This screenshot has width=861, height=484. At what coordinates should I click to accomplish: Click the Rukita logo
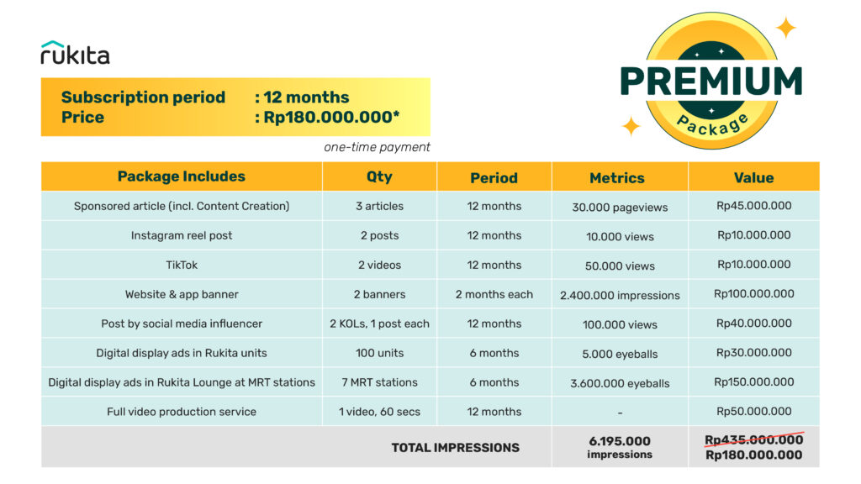click(75, 53)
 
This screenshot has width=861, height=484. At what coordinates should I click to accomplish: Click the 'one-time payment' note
click(377, 147)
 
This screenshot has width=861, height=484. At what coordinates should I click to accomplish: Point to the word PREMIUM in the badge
click(710, 82)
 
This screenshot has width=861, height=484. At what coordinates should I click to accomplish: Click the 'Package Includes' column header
click(182, 176)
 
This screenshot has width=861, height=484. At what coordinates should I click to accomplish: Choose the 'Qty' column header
click(379, 177)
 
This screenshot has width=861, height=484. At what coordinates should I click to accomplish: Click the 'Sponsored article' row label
click(181, 206)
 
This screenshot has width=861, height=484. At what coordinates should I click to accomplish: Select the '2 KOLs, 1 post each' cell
click(379, 324)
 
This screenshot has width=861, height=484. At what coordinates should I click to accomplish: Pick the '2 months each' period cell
click(494, 294)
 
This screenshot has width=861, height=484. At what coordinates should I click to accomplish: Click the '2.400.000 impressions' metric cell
click(620, 295)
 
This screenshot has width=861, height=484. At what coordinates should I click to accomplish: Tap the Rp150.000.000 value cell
click(754, 382)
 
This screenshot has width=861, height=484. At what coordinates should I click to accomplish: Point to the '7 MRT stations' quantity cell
click(379, 382)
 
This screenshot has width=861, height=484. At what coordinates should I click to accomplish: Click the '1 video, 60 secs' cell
click(379, 412)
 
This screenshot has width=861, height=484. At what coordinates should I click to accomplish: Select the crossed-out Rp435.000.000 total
click(753, 439)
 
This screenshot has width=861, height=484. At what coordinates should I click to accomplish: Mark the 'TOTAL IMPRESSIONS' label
click(455, 447)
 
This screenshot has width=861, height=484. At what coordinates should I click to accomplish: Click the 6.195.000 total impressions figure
click(620, 440)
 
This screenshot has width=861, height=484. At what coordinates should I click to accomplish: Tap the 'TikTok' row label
click(181, 265)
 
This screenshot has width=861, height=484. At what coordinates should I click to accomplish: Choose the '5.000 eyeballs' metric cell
click(620, 354)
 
